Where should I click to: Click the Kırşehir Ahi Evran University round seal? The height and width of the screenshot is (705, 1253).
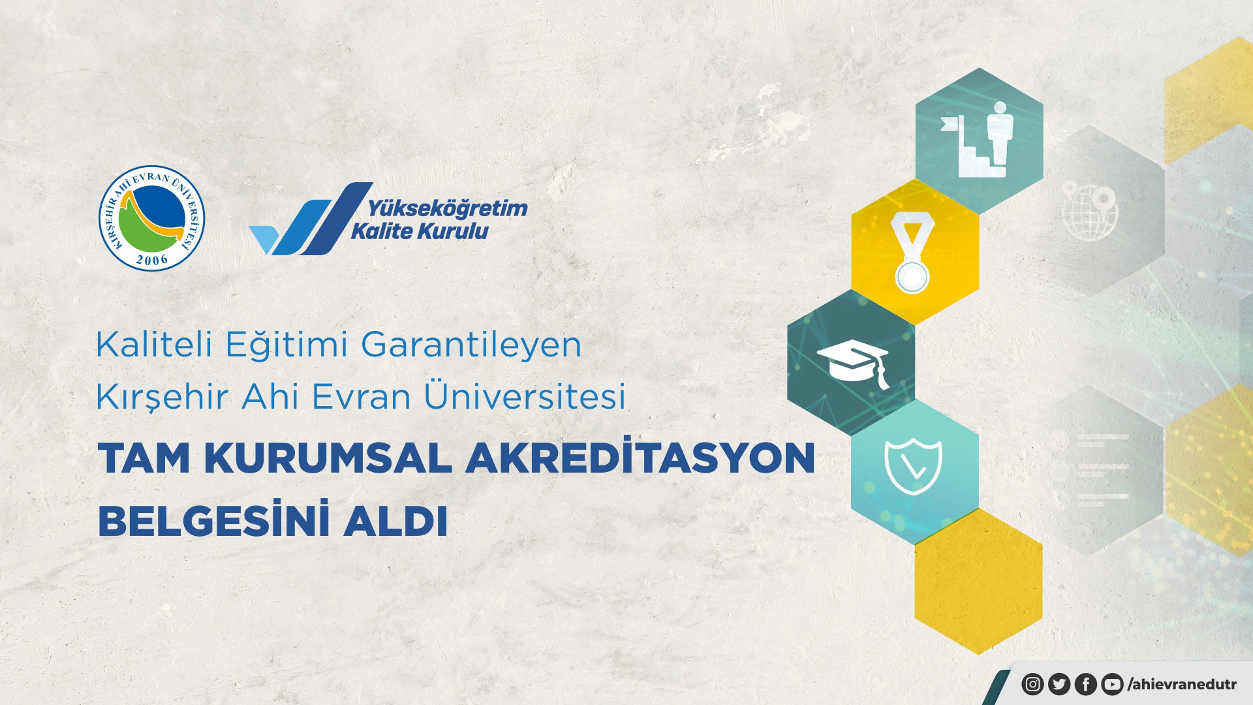click(x=151, y=218)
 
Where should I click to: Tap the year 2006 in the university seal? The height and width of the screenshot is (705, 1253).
click(x=152, y=260)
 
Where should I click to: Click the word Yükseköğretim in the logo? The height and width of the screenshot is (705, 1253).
click(x=448, y=209)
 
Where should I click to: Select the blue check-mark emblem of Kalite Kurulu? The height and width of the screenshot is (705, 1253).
click(x=311, y=219)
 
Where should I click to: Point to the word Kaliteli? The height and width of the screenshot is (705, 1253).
click(x=154, y=344)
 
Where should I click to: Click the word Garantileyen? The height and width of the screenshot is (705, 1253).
click(x=471, y=345)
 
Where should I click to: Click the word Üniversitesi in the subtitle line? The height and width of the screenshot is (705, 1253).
click(x=525, y=396)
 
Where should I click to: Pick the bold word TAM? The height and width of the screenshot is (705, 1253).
click(x=144, y=458)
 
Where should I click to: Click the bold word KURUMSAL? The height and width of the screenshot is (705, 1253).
click(x=328, y=458)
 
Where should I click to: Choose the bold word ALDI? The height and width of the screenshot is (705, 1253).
click(x=395, y=521)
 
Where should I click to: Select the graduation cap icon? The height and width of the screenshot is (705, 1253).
click(x=853, y=364)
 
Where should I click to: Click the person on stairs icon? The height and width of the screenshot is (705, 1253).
click(x=977, y=139)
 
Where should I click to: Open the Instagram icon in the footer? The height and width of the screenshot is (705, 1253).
click(x=1032, y=684)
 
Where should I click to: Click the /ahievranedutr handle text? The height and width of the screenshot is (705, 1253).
click(x=1182, y=684)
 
